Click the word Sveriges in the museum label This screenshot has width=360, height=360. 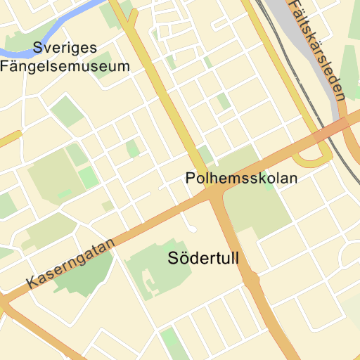coord(66,49)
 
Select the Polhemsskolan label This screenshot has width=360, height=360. coord(241,178)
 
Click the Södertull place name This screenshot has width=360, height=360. coord(204,258)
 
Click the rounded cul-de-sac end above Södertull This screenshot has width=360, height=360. coord(192,229)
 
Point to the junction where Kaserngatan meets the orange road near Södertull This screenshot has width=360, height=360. coord(213,198)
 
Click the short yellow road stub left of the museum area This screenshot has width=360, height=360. coord(10,138)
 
